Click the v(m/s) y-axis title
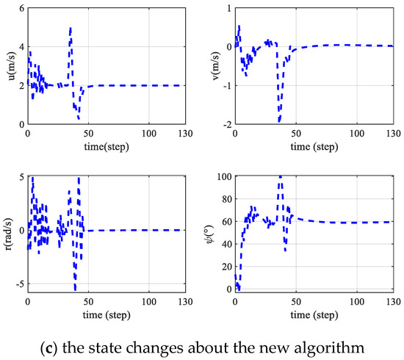pyautogui.click(x=213, y=65)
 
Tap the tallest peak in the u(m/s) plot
pyautogui.click(x=71, y=29)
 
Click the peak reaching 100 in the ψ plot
pyautogui.click(x=280, y=177)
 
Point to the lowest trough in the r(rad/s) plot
pyautogui.click(x=75, y=289)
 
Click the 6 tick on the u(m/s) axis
pyautogui.click(x=21, y=7)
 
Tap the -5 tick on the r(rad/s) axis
pyautogui.click(x=19, y=284)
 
